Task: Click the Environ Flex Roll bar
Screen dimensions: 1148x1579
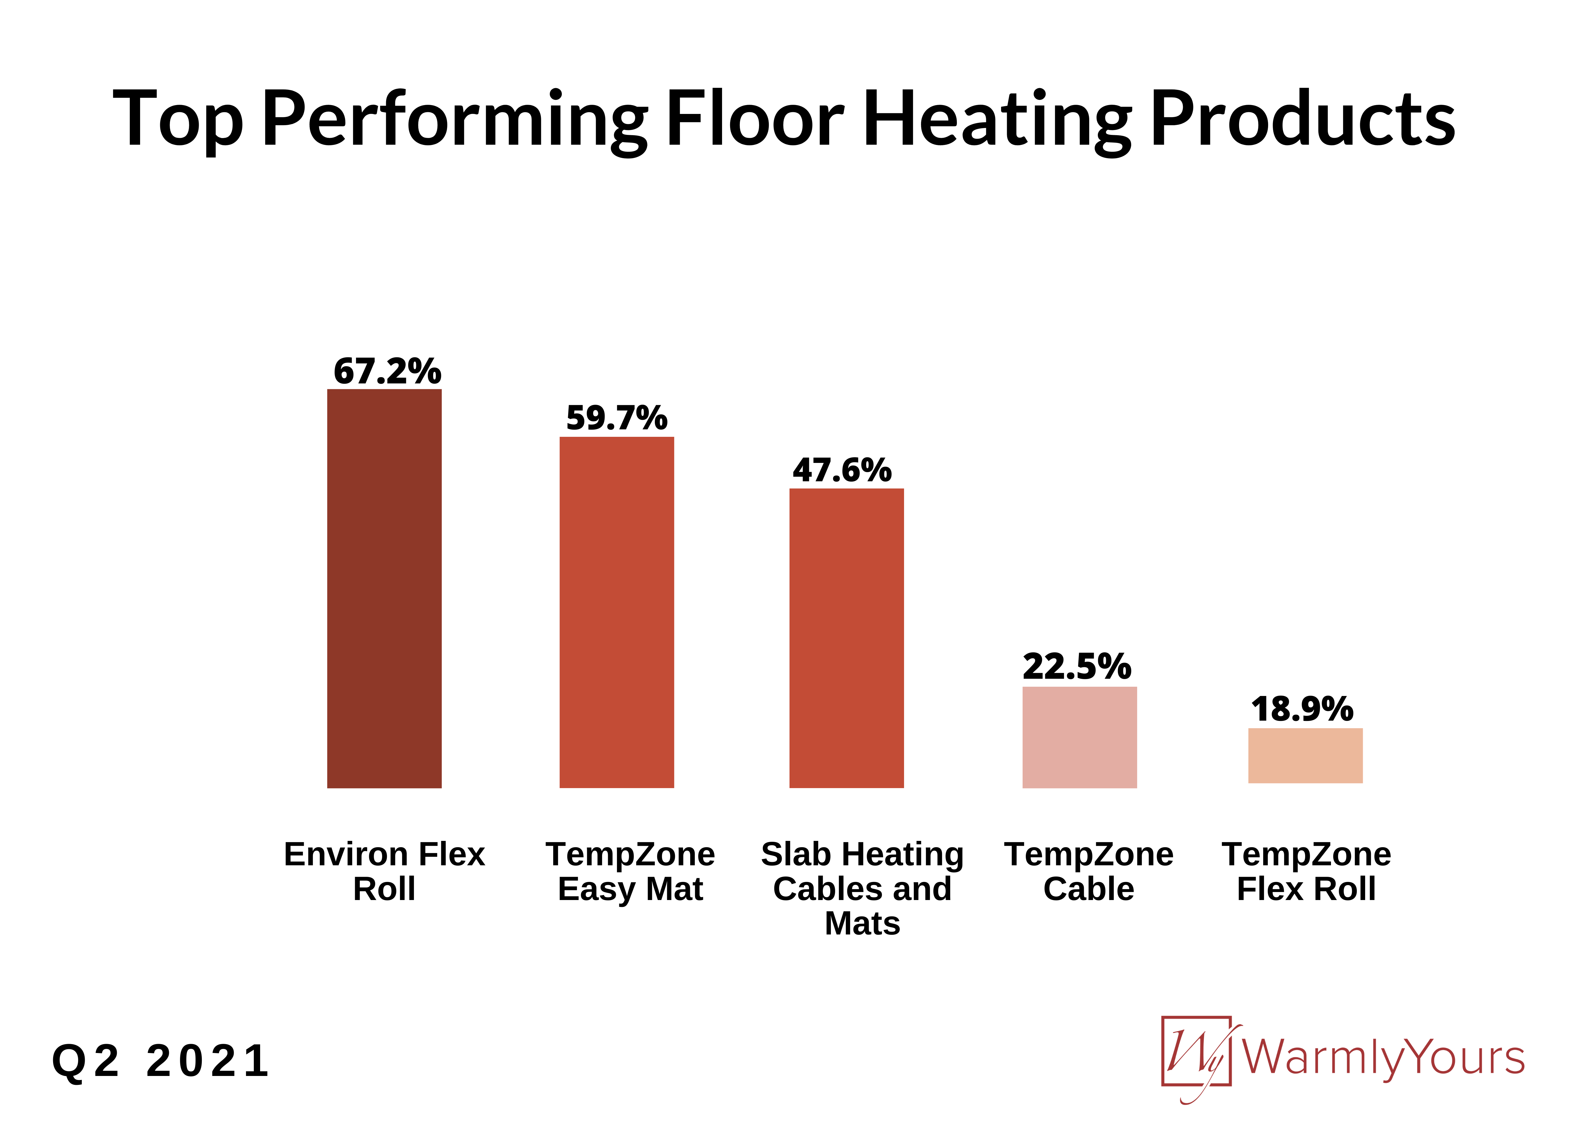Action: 384,588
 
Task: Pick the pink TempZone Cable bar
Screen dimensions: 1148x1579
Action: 1079,737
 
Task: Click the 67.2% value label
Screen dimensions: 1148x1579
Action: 387,371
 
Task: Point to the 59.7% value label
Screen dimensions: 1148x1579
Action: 617,418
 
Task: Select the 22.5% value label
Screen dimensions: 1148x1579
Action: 1076,667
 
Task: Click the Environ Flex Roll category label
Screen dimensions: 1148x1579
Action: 384,871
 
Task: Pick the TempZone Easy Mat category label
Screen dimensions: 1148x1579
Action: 630,871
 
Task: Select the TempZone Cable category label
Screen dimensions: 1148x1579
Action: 1089,871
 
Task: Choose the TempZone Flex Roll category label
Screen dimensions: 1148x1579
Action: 1306,871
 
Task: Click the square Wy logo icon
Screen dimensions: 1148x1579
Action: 1196,1051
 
